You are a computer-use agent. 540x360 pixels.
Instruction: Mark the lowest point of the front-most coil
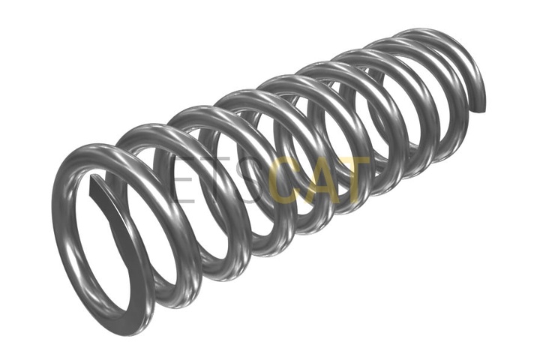click(128, 331)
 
